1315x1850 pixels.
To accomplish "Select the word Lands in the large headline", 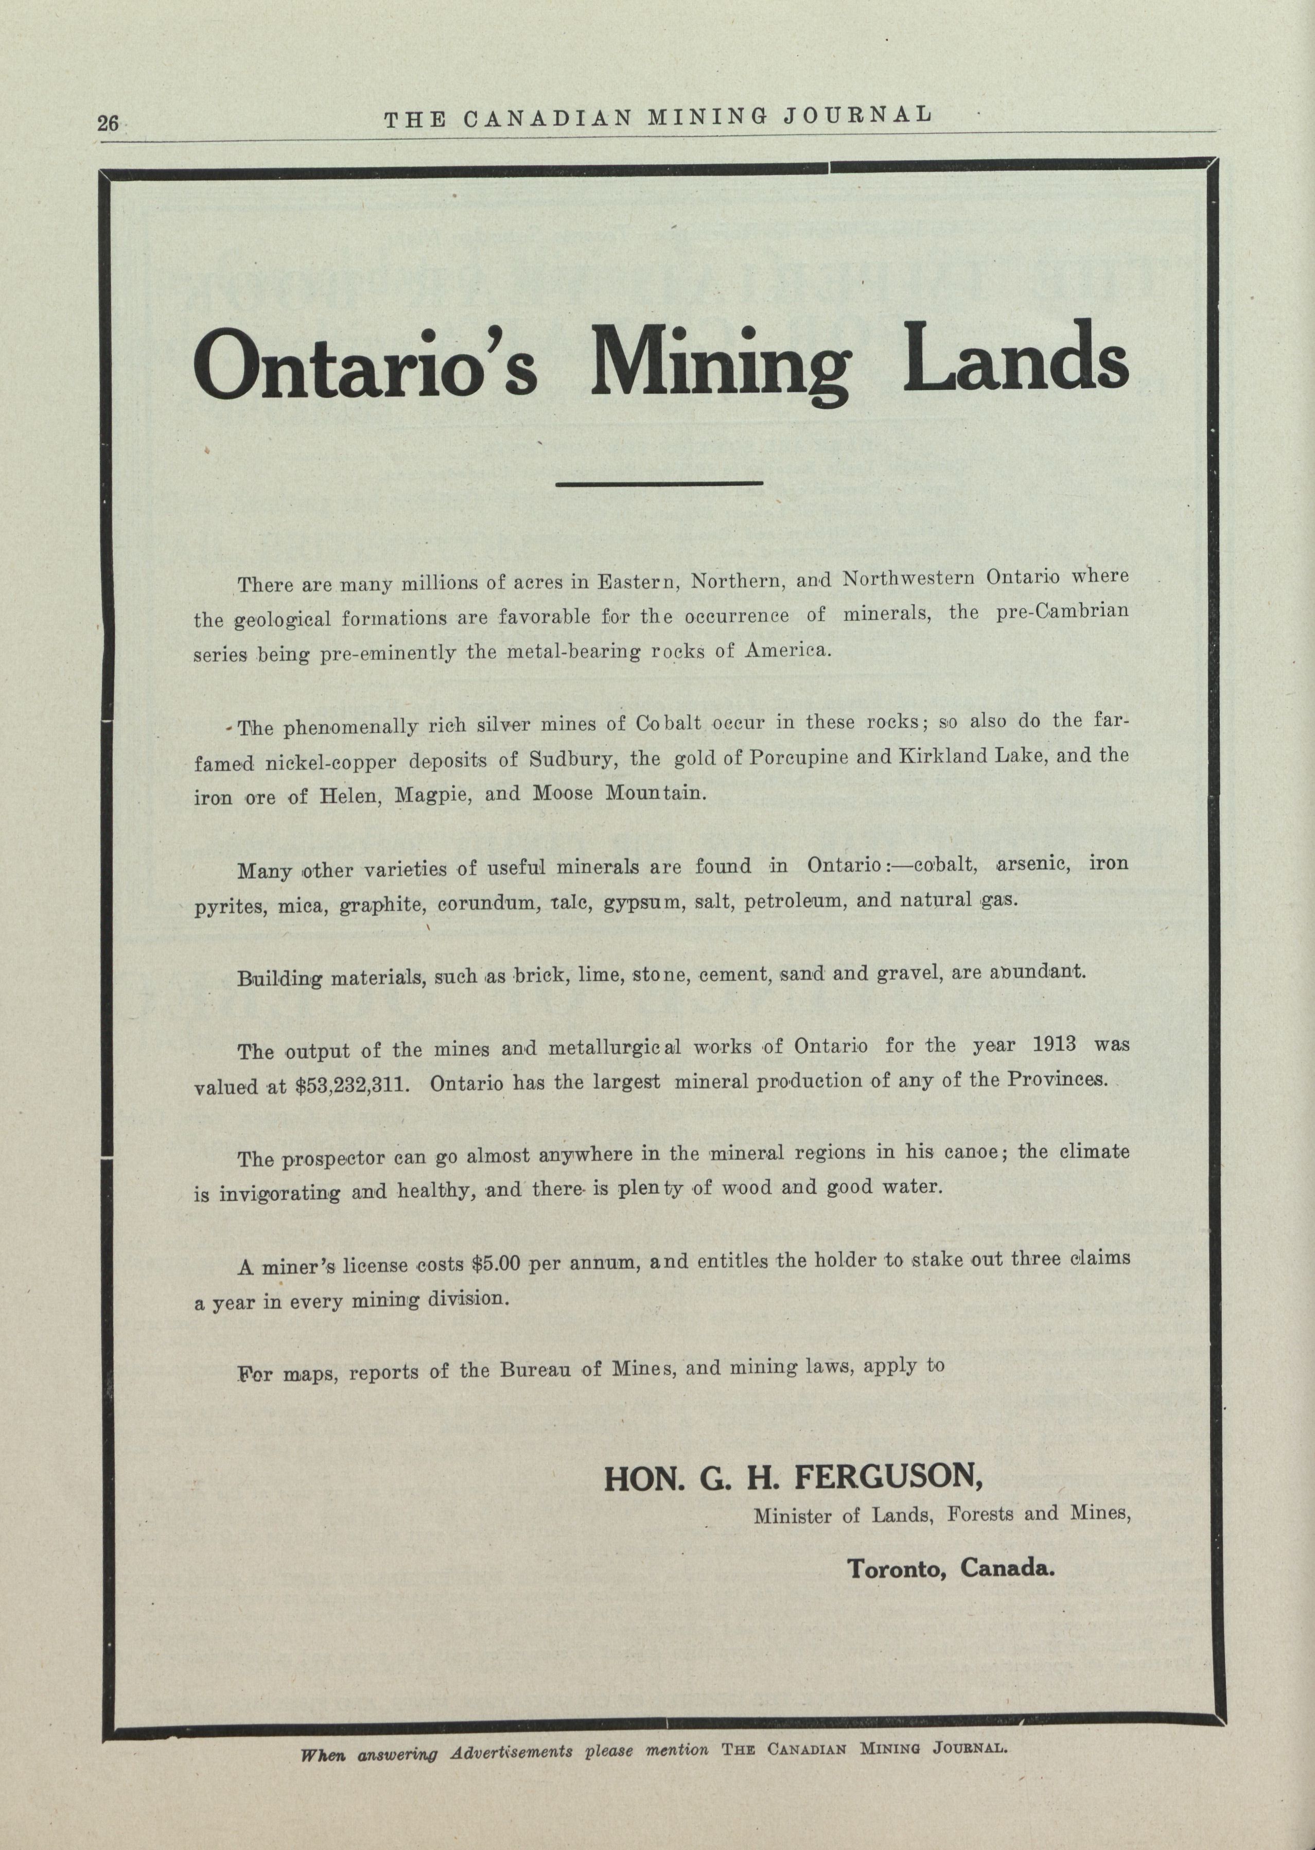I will point(1015,357).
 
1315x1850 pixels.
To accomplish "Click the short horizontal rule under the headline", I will point(660,483).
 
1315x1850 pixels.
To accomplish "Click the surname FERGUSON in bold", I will point(888,1477).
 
